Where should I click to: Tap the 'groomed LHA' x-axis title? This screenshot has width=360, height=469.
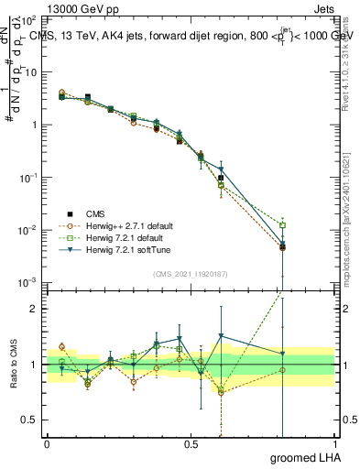pyautogui.click(x=307, y=458)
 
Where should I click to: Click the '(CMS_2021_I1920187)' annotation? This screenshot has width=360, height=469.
pyautogui.click(x=190, y=272)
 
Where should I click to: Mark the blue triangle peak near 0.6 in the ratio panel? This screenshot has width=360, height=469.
pyautogui.click(x=221, y=336)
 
